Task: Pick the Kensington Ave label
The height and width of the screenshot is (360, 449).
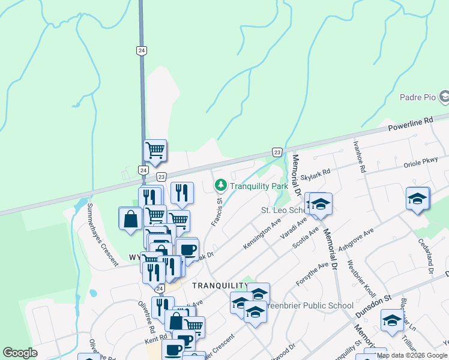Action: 262,235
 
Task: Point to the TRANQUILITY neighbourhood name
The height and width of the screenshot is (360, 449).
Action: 220,286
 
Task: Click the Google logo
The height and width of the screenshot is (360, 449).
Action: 20,353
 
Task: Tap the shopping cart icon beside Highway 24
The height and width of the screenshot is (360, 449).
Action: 155,150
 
